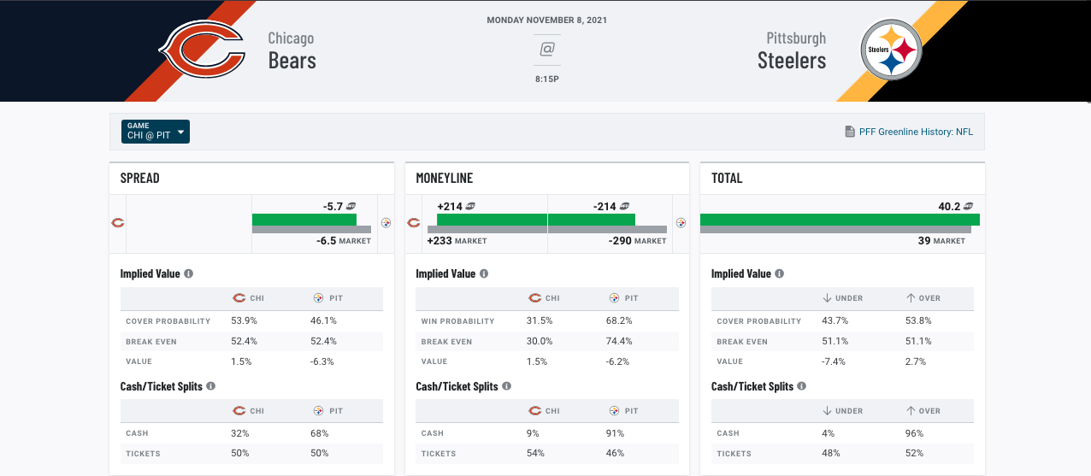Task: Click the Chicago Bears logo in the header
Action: pos(202,50)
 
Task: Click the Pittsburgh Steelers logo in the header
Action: pos(891,50)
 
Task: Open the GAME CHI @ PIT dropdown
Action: pos(156,132)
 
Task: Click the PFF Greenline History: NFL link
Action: pos(916,132)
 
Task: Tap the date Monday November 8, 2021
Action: pos(547,20)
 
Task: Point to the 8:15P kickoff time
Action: pos(547,79)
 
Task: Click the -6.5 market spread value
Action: pos(327,241)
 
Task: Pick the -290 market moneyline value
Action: pos(620,241)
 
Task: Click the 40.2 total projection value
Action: pos(949,206)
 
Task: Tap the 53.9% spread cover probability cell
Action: pos(244,320)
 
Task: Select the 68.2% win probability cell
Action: pos(619,320)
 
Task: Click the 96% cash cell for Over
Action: pos(914,433)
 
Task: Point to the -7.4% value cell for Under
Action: pos(834,361)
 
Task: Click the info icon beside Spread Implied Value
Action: pos(188,273)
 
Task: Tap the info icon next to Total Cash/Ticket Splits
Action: pos(801,386)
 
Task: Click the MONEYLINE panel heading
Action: pos(445,178)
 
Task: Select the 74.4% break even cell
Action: pos(619,341)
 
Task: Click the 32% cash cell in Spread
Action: pos(240,433)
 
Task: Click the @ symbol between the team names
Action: pos(547,50)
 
